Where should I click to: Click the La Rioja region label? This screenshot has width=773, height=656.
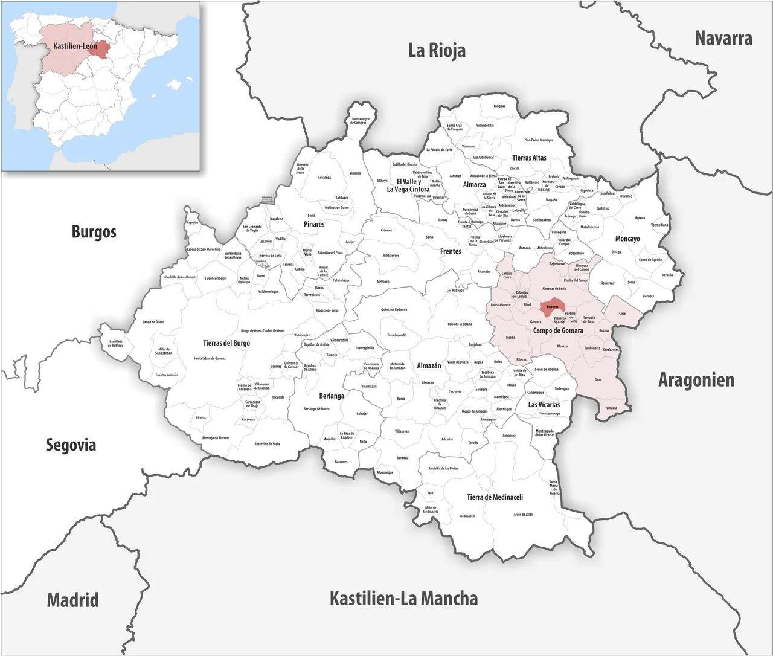[437, 50]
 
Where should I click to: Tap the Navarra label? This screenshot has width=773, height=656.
[723, 38]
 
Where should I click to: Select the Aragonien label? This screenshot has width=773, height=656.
[696, 380]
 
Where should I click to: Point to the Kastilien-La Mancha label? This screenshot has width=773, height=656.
[403, 598]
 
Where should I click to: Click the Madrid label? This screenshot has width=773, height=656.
[72, 600]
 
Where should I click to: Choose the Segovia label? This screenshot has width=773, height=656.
[71, 445]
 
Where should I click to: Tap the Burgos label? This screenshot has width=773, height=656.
[94, 231]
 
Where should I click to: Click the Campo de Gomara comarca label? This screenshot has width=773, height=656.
[558, 330]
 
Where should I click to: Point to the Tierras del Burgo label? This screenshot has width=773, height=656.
[226, 343]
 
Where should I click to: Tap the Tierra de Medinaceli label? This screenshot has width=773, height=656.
[495, 497]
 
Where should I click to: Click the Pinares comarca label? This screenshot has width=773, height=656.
[314, 224]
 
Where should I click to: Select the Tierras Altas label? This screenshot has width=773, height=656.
[529, 158]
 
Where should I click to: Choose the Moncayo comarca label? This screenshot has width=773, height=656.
[627, 239]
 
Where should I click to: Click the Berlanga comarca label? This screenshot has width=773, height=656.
[332, 396]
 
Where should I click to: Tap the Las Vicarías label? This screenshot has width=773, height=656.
[544, 405]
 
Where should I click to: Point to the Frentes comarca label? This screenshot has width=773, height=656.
[451, 251]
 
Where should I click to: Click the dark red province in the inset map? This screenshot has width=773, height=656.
[101, 49]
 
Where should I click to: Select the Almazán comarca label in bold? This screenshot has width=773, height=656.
[429, 366]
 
